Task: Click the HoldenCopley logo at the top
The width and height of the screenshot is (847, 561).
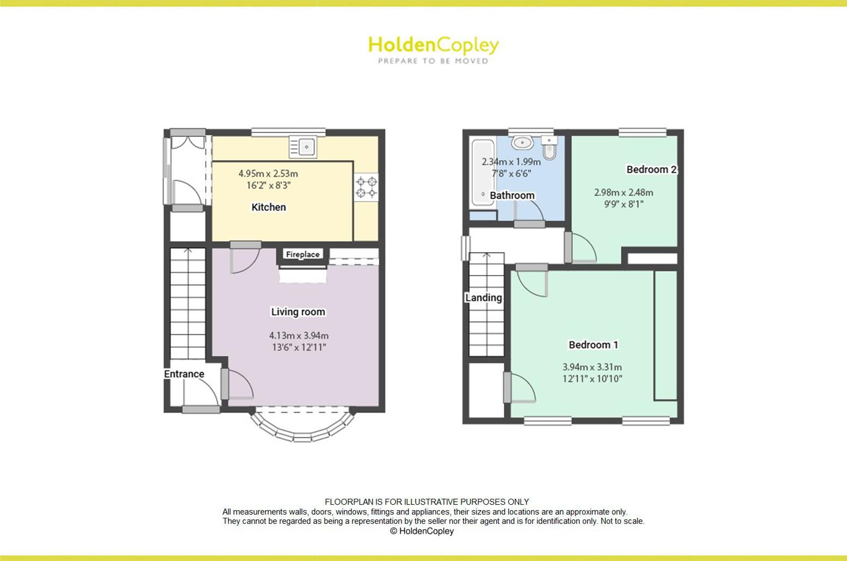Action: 433,50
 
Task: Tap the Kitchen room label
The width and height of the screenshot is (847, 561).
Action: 268,207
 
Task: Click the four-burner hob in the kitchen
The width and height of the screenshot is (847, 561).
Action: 366,187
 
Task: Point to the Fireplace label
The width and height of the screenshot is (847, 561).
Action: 303,254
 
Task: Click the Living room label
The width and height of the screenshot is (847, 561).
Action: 298,312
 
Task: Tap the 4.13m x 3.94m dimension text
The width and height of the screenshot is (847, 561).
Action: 299,336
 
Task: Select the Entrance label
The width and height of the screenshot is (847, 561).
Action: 184,374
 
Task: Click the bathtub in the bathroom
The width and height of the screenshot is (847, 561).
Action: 483,173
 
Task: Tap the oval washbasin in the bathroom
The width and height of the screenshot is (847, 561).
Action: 522,142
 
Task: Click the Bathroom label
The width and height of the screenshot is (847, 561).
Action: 512,195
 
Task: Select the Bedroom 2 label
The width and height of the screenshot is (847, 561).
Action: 652,169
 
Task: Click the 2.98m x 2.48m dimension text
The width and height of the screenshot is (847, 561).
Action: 624,192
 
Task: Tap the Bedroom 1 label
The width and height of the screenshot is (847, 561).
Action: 593,345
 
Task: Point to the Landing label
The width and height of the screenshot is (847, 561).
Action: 484,298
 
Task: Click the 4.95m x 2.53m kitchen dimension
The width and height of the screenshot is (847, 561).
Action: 268,173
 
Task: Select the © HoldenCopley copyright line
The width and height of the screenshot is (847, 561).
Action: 422,531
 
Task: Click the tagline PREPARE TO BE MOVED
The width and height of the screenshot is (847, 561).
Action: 433,61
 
